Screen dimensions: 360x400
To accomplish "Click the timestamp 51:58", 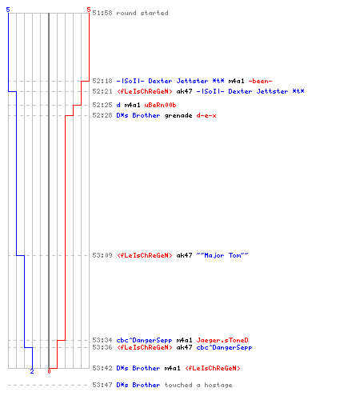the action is click(102, 13).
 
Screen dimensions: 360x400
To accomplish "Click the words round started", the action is click(142, 13).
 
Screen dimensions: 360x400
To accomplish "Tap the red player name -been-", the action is click(260, 81).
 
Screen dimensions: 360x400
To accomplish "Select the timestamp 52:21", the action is click(102, 91).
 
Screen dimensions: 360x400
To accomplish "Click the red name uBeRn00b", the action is click(160, 105).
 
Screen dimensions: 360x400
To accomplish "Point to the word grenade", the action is click(178, 116).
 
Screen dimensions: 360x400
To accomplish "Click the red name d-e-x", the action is click(206, 116).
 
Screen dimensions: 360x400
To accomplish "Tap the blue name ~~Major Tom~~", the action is click(222, 255).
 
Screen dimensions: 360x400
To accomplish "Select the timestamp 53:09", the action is click(102, 255).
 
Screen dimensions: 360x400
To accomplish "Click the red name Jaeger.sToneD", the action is click(222, 340).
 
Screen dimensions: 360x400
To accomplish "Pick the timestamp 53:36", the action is click(102, 347).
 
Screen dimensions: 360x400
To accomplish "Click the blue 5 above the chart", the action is click(8, 10).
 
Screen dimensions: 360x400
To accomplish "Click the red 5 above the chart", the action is click(89, 10).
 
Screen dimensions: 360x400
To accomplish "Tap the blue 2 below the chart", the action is click(32, 371).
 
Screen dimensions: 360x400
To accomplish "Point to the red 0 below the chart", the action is click(49, 371).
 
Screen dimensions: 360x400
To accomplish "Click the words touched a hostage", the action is click(198, 385).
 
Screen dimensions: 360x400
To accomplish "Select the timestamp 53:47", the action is click(102, 385).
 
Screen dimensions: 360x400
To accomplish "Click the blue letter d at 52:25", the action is click(118, 105).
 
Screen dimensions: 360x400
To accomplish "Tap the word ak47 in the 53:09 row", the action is click(184, 255).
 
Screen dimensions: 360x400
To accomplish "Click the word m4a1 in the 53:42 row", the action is click(172, 368).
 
